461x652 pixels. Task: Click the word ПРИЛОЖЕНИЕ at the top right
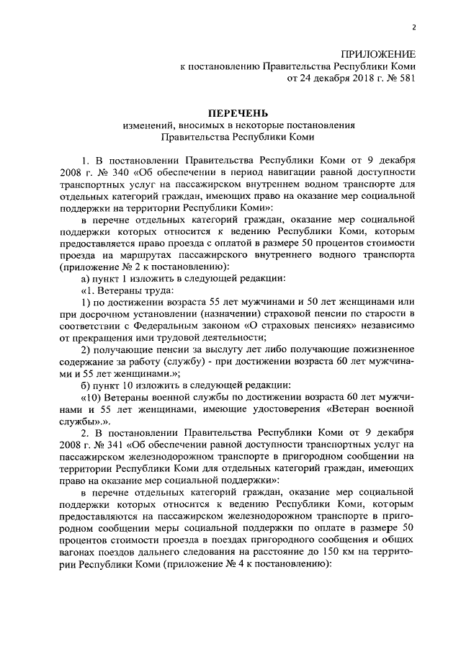pyautogui.click(x=381, y=55)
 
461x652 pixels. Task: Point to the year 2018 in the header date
pyautogui.click(x=348, y=79)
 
